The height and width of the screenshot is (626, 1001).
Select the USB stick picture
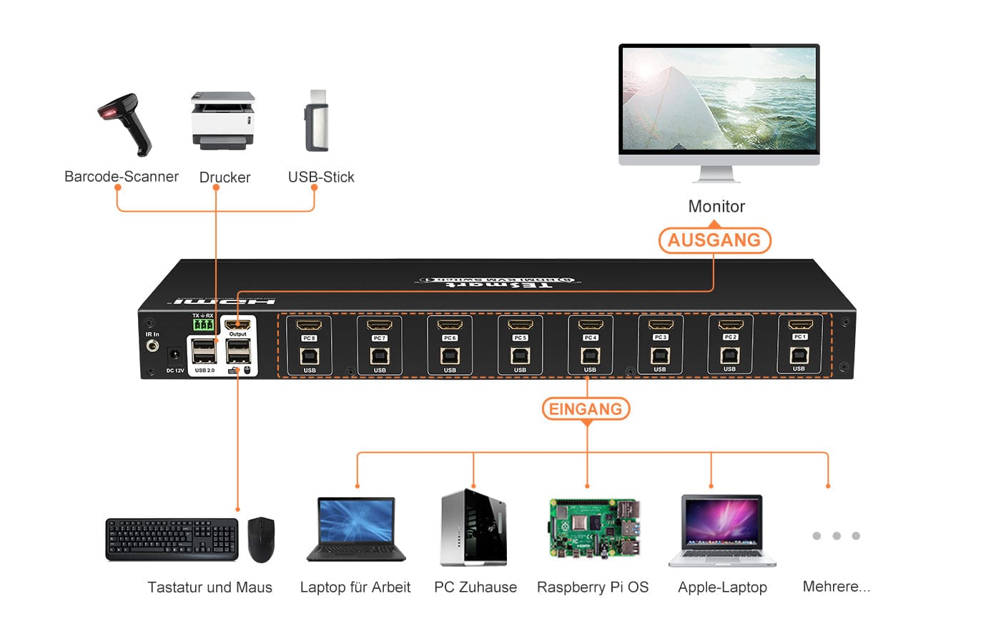click(317, 121)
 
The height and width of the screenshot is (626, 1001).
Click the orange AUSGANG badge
click(714, 240)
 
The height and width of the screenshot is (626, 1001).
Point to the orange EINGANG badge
click(586, 409)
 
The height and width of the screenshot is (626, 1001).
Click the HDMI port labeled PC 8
click(309, 326)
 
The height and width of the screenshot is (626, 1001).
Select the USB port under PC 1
click(799, 354)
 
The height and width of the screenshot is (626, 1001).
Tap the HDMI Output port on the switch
click(238, 324)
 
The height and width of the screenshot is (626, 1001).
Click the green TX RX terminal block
click(203, 325)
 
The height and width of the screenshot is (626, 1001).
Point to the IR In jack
click(152, 346)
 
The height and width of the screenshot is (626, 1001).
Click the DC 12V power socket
click(174, 355)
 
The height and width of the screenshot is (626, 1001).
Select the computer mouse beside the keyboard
click(261, 539)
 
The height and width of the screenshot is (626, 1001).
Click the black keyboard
click(172, 539)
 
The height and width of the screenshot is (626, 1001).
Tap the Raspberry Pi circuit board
click(593, 528)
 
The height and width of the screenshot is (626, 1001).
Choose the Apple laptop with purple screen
click(722, 530)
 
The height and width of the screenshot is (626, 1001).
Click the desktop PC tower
click(474, 528)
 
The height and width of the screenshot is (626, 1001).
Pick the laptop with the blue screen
click(356, 529)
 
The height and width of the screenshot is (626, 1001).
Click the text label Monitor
click(716, 207)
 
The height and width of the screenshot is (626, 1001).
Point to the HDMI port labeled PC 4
click(590, 326)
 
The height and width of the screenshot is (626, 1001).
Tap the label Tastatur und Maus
click(209, 587)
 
